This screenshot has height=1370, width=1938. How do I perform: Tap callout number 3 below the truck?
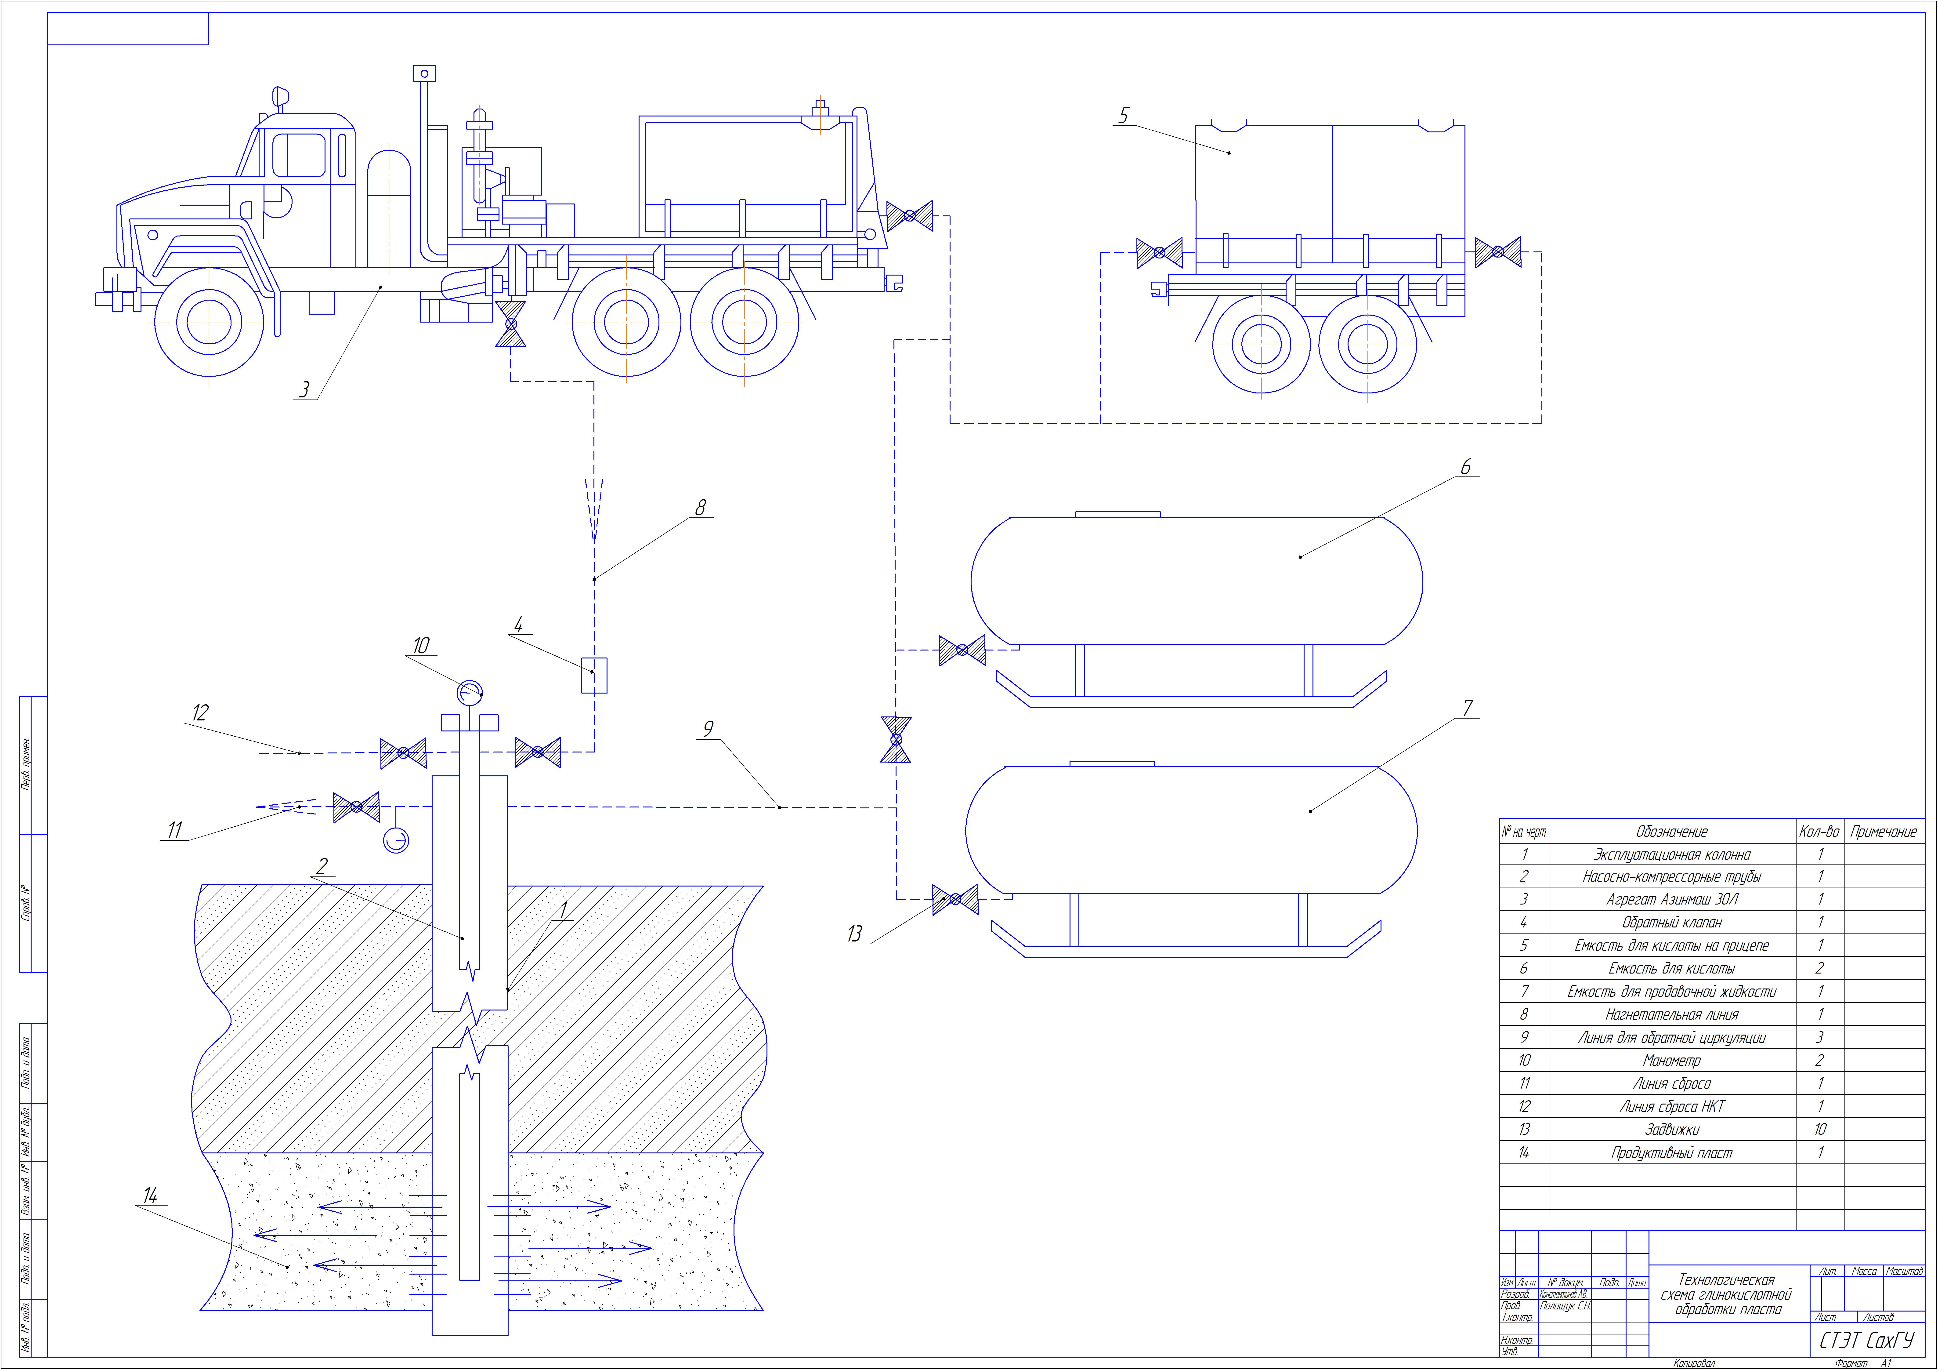tap(305, 389)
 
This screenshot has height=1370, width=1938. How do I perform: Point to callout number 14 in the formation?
tap(150, 1195)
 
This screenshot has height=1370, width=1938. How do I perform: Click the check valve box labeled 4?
tap(594, 675)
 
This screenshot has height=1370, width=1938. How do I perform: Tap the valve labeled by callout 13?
tap(955, 900)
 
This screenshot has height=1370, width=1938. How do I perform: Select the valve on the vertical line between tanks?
tap(896, 739)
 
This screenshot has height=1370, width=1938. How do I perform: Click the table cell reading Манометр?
tap(1671, 1060)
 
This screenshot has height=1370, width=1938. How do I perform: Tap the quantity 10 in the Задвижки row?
tap(1819, 1130)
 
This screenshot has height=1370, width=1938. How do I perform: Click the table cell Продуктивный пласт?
tap(1671, 1153)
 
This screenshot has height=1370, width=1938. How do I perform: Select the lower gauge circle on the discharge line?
tap(396, 841)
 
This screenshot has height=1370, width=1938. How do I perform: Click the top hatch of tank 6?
tap(1117, 513)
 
